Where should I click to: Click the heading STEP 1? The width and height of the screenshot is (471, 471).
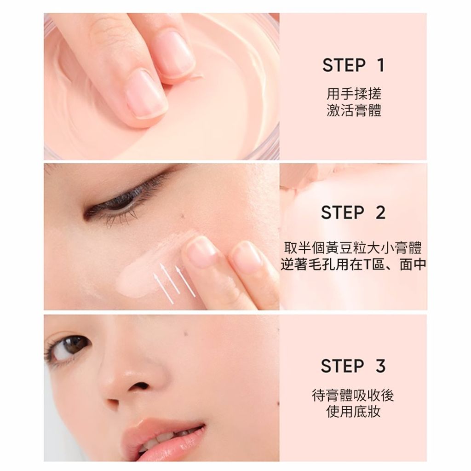pos(353,65)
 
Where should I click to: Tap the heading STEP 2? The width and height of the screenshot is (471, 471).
pos(353,213)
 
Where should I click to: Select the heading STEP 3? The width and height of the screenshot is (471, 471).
pos(353,366)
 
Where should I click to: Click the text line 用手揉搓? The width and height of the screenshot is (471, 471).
pos(354,94)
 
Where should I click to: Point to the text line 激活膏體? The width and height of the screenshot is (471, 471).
pos(354,110)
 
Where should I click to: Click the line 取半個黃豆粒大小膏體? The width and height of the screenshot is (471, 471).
pos(353,248)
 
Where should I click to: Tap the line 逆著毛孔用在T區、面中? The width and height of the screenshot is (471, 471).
pos(353,264)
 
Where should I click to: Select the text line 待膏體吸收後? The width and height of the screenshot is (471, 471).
pos(353,395)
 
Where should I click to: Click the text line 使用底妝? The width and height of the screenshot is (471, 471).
pos(353,412)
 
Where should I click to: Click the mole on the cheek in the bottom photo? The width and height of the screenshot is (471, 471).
pos(185,332)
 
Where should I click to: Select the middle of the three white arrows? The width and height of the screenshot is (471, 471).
pos(170,278)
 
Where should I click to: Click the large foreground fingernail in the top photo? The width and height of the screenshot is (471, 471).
pos(147,93)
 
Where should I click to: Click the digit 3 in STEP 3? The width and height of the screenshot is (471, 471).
pos(380,366)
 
